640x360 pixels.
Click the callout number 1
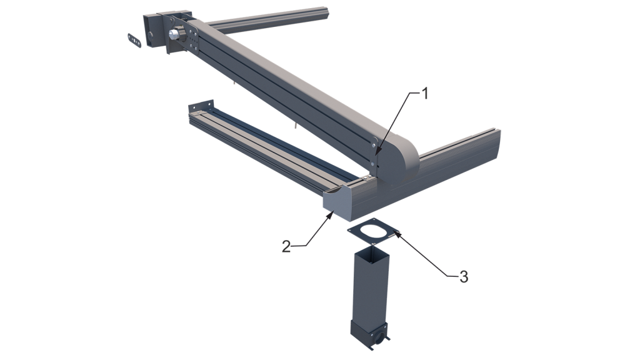425,94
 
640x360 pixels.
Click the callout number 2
286,246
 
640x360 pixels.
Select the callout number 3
463,277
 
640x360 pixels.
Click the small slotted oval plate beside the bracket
134,41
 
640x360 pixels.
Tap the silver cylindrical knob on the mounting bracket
176,34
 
